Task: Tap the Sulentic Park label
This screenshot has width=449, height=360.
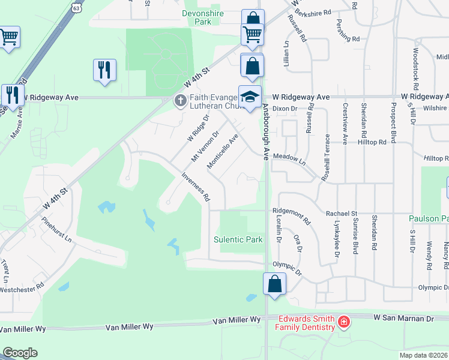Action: pyautogui.click(x=238, y=239)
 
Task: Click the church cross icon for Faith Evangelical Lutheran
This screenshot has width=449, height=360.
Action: pyautogui.click(x=180, y=101)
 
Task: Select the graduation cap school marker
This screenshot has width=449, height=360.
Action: pyautogui.click(x=250, y=97)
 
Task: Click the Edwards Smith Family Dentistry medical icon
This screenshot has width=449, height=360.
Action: pyautogui.click(x=343, y=322)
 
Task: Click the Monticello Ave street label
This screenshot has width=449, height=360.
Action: pyautogui.click(x=223, y=151)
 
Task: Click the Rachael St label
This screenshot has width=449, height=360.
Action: pyautogui.click(x=342, y=213)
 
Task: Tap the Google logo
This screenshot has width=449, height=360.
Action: pyautogui.click(x=20, y=353)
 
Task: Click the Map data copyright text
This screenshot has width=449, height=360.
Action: pyautogui.click(x=423, y=355)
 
